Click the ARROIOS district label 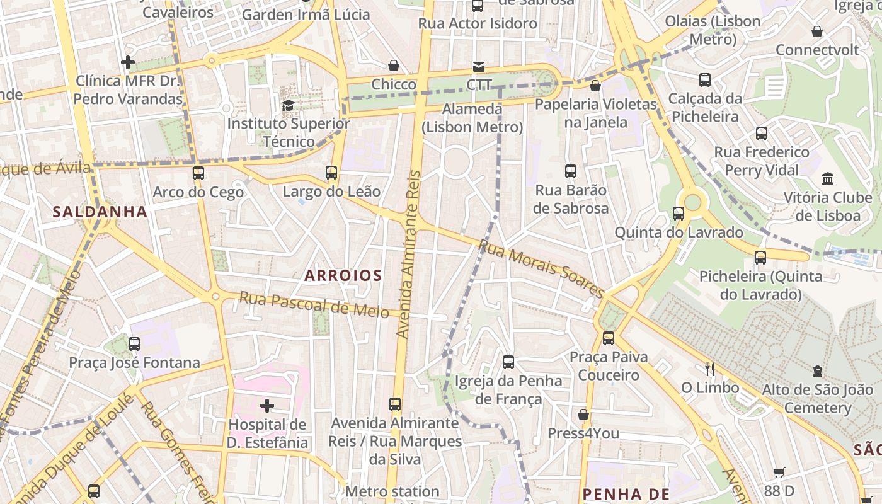pos(343,275)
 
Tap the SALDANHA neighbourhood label pos(100,212)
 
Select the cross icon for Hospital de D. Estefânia pos(267,405)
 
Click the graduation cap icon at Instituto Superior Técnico pos(288,105)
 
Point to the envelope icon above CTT pos(479,66)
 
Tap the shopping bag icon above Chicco pos(394,66)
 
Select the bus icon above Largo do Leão pos(331,172)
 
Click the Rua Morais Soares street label pos(541,268)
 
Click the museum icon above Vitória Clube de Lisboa pos(828,179)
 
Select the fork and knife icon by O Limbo pos(710,369)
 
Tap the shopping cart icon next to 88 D pos(779,472)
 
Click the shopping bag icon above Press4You pos(583,415)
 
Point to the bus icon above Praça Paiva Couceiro pos(609,338)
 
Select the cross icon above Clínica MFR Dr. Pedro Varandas pos(128,62)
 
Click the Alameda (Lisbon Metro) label pos(472,118)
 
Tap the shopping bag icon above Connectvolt pos(817,31)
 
